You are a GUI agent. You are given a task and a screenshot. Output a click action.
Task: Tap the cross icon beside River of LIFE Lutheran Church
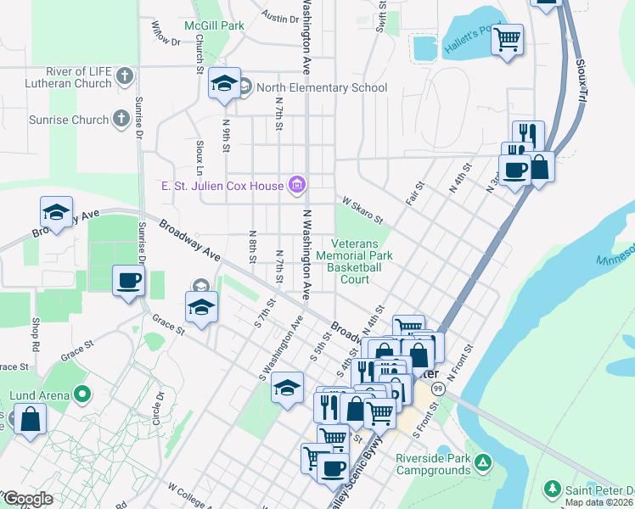click(x=125, y=76)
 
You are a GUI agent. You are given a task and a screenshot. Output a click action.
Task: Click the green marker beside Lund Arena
click(x=81, y=394)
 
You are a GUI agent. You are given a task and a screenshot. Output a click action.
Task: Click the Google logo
click(x=27, y=499)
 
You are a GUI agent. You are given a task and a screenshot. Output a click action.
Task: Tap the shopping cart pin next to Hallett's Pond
click(x=507, y=39)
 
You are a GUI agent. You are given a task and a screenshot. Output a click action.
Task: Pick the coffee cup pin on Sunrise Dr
click(x=128, y=280)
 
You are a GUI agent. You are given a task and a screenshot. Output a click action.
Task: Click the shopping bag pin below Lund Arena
click(x=30, y=420)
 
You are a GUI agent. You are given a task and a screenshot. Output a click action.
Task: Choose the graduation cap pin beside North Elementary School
click(x=223, y=83)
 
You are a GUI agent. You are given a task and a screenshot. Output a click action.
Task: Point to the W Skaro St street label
click(x=363, y=208)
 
